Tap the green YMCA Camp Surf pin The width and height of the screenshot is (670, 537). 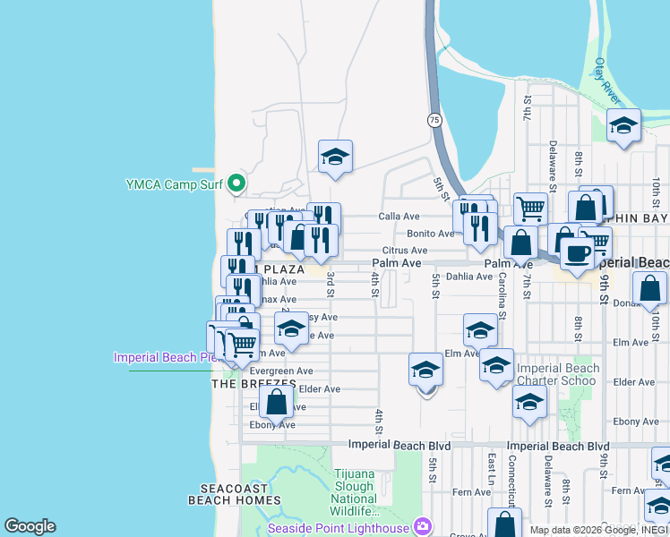point(236,184)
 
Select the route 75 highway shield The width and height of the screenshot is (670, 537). point(434,119)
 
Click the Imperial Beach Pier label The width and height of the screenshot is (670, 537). point(167,357)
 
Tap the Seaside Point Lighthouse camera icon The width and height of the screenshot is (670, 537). point(422,526)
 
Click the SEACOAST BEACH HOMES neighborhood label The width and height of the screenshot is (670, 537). point(235,494)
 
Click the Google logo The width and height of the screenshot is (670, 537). point(30,526)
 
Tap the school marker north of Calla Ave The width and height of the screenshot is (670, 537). point(336,157)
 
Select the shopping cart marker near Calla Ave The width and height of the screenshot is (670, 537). point(530,209)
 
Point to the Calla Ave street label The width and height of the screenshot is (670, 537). point(399,217)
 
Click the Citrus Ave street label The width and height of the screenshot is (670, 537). point(405,251)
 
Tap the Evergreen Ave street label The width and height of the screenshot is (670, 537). point(281,371)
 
